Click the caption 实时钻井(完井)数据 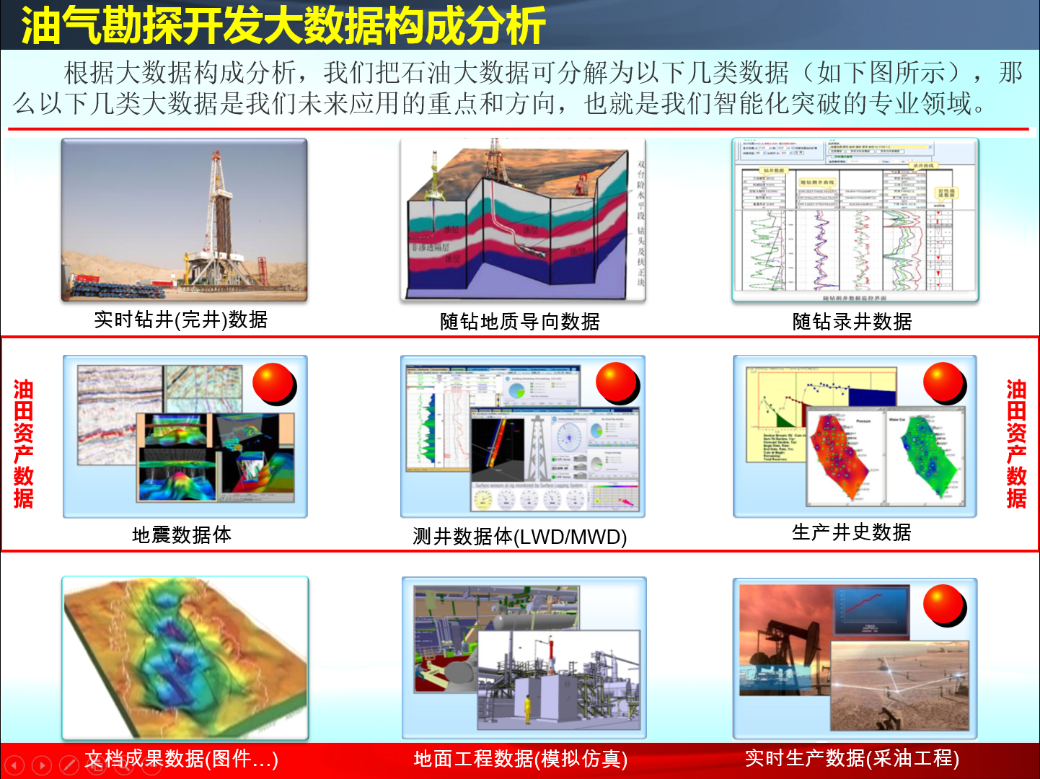(x=181, y=320)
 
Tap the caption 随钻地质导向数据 (x=520, y=322)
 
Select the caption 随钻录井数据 (x=852, y=322)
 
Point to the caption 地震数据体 (x=182, y=535)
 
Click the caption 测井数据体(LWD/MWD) (x=520, y=537)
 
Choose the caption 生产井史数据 (x=852, y=532)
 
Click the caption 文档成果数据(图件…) (x=182, y=759)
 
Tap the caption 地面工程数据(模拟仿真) (x=521, y=759)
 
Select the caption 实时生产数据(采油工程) (x=852, y=758)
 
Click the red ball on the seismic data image (x=273, y=383)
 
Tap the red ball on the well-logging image (x=617, y=382)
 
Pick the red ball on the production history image (x=944, y=382)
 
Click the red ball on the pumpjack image (x=944, y=604)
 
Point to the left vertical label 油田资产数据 (x=24, y=444)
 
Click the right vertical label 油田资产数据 (x=1016, y=444)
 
